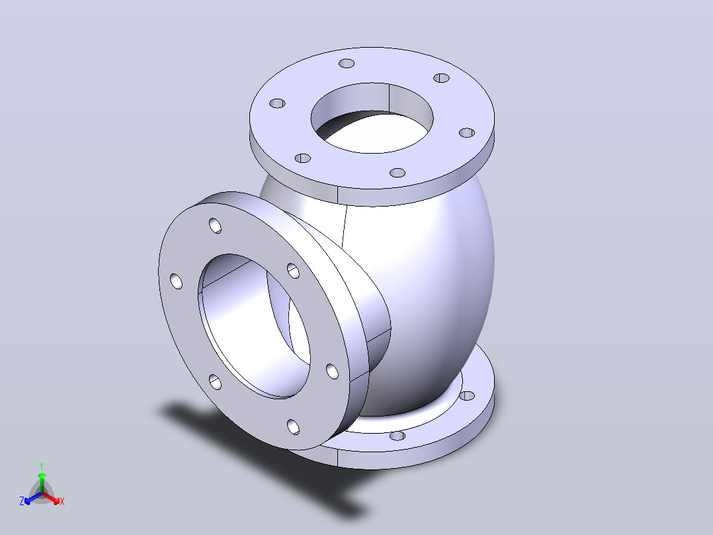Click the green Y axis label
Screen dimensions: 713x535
point(42,465)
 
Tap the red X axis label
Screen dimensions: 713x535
point(62,501)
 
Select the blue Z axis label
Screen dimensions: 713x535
point(21,501)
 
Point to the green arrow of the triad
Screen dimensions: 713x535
point(42,482)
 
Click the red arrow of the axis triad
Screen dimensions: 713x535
point(51,498)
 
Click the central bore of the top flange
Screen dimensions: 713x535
point(372,118)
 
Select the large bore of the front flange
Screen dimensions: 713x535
point(255,326)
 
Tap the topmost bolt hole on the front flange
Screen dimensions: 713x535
point(215,225)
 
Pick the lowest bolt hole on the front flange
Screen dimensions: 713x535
point(293,426)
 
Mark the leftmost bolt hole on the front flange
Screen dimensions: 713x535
point(176,281)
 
